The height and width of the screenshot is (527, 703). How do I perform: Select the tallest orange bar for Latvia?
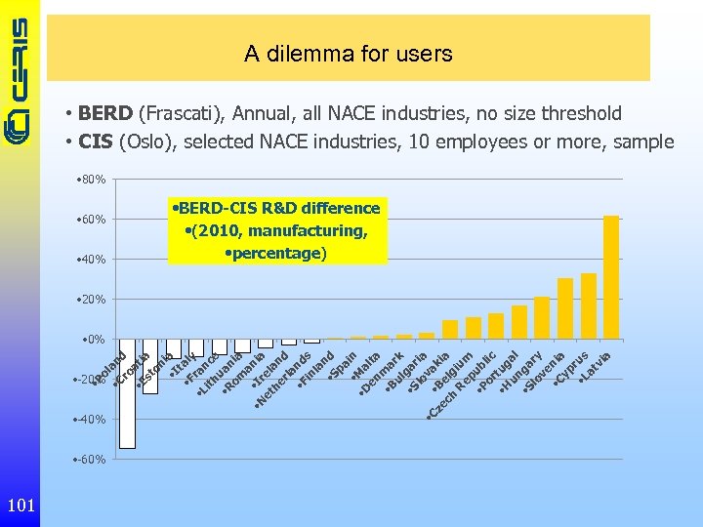611,277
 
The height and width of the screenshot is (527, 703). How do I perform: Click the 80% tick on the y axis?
94,179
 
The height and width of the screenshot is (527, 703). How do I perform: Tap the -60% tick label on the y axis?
92,459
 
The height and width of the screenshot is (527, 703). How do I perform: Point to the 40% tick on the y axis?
94,259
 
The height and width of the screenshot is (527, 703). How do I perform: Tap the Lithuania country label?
220,373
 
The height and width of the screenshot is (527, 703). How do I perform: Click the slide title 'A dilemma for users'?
349,55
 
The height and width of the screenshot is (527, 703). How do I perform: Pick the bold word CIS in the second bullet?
96,142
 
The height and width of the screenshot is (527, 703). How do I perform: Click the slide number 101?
21,505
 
